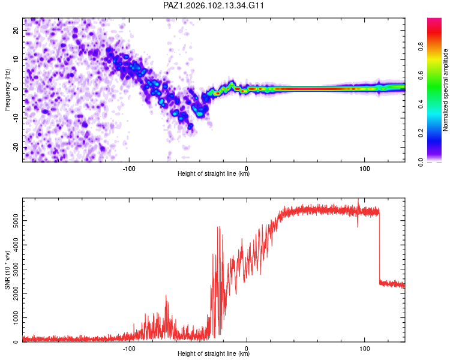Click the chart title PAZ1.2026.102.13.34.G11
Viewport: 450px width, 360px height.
213,5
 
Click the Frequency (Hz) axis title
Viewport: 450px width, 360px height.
7,90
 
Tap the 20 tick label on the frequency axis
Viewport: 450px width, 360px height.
16,30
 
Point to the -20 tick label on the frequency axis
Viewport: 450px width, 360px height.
16,148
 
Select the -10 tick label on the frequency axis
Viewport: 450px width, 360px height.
16,118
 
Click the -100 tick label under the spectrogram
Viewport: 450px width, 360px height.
129,169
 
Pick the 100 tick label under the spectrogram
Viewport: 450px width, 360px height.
364,169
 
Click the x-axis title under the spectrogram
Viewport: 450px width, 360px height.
214,173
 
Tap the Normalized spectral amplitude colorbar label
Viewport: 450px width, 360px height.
445,90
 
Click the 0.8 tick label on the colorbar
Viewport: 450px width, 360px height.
421,46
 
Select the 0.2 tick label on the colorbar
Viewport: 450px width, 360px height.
421,133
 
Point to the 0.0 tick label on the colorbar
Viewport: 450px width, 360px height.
421,162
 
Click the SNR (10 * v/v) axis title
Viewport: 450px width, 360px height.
7,270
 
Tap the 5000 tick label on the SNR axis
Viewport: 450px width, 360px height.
16,220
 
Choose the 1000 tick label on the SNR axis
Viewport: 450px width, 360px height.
16,317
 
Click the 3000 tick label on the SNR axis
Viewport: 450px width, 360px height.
16,269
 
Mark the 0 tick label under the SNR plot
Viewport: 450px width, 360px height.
247,349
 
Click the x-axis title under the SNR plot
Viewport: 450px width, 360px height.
214,353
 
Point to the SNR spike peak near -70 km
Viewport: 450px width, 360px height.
166,295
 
